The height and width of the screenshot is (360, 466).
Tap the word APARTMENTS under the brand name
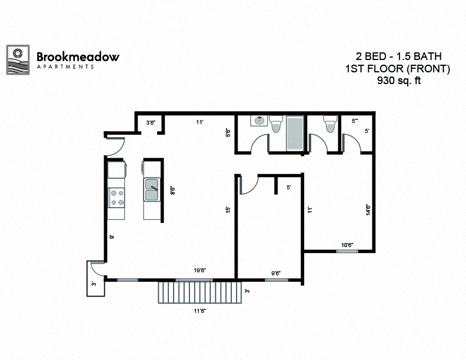pyautogui.click(x=65, y=67)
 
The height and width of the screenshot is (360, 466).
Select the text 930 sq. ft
pyautogui.click(x=399, y=81)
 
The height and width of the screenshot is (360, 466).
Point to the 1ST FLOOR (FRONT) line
pyautogui.click(x=398, y=69)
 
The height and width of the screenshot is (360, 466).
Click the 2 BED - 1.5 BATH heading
pyautogui.click(x=398, y=56)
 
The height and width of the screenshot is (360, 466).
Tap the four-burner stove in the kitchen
pyautogui.click(x=116, y=196)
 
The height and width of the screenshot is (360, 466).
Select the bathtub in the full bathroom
pyautogui.click(x=294, y=133)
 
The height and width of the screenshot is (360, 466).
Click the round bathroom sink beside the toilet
pyautogui.click(x=259, y=121)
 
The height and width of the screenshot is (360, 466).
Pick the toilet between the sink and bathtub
pyautogui.click(x=277, y=123)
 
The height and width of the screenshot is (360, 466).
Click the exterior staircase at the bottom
pyautogui.click(x=201, y=291)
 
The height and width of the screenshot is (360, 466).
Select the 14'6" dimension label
pyautogui.click(x=367, y=209)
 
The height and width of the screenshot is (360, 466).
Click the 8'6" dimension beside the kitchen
pyautogui.click(x=172, y=191)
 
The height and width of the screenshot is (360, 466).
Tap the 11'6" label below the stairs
pyautogui.click(x=200, y=310)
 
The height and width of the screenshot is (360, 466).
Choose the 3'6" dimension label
pyautogui.click(x=151, y=122)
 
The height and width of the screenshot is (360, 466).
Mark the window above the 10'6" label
pyautogui.click(x=347, y=251)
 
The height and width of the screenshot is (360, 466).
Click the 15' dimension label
pyautogui.click(x=227, y=209)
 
